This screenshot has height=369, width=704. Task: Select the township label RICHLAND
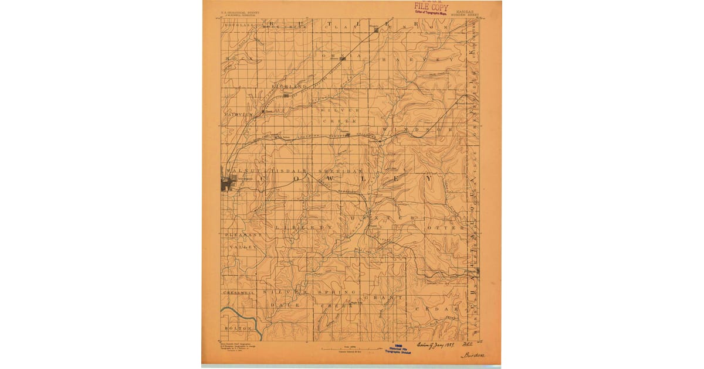point(294,86)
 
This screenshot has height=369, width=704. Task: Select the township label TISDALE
point(285,166)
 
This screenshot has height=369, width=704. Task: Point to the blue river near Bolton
point(246,317)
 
